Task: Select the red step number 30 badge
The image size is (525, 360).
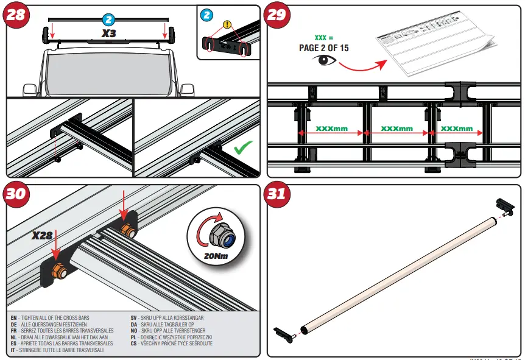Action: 16,194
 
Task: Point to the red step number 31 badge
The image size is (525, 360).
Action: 277,194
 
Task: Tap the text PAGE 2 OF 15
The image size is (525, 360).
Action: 323,48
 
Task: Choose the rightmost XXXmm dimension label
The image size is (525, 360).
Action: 457,129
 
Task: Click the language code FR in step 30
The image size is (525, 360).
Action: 14,330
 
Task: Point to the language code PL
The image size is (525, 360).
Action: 133,337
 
